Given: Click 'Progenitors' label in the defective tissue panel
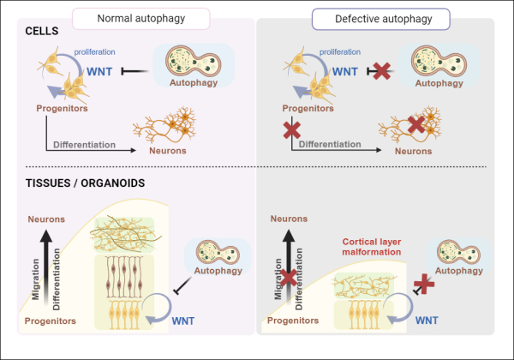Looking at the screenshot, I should coord(292,320).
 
